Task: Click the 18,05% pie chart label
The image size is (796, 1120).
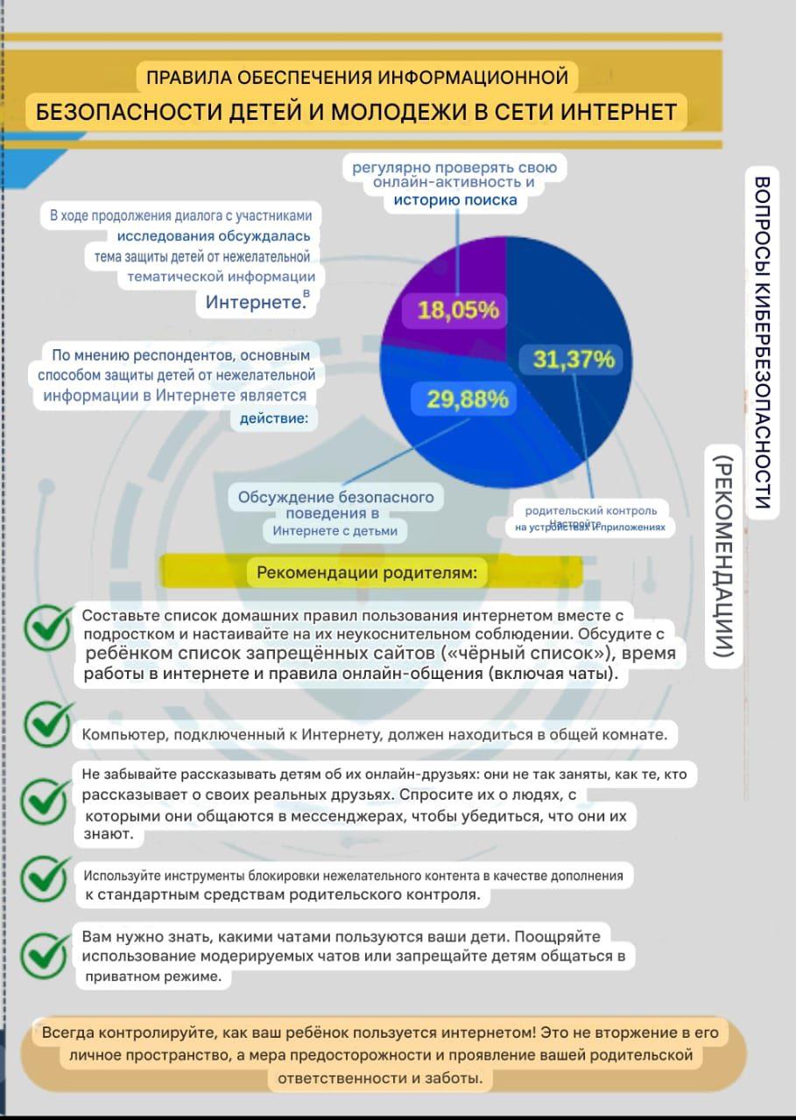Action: pos(458,310)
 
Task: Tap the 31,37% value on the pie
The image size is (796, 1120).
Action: pos(574,360)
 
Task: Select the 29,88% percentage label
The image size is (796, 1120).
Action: pos(467,399)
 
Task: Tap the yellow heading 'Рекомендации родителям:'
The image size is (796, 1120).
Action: pos(367,574)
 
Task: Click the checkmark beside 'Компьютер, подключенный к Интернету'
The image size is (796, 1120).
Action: pos(49,724)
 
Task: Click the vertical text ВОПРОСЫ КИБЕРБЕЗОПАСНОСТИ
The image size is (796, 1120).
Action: pos(761,341)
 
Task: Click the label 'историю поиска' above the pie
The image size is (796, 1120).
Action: pos(454,200)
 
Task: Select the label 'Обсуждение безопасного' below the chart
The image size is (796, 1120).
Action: pos(335,497)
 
